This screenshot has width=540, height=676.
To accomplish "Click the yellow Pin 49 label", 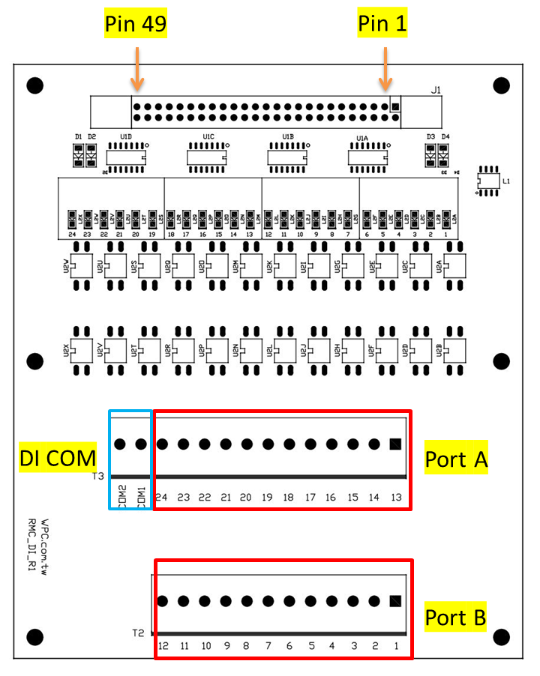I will (136, 24).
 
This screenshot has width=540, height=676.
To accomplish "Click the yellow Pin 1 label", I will (382, 24).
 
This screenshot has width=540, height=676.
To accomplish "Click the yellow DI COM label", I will (58, 457).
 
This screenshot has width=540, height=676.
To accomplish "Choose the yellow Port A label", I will (456, 459).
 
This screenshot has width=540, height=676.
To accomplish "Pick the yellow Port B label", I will (455, 618).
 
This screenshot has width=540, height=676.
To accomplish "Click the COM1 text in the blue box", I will (141, 496).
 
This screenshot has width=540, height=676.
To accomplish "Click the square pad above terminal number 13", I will (396, 444).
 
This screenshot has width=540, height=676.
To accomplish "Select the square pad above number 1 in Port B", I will (396, 600).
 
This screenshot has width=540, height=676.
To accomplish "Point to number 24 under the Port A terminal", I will (161, 497).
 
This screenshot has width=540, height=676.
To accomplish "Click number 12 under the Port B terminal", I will (163, 645).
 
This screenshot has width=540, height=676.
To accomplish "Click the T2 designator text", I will (138, 633).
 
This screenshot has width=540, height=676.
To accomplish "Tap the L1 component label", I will (507, 181).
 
